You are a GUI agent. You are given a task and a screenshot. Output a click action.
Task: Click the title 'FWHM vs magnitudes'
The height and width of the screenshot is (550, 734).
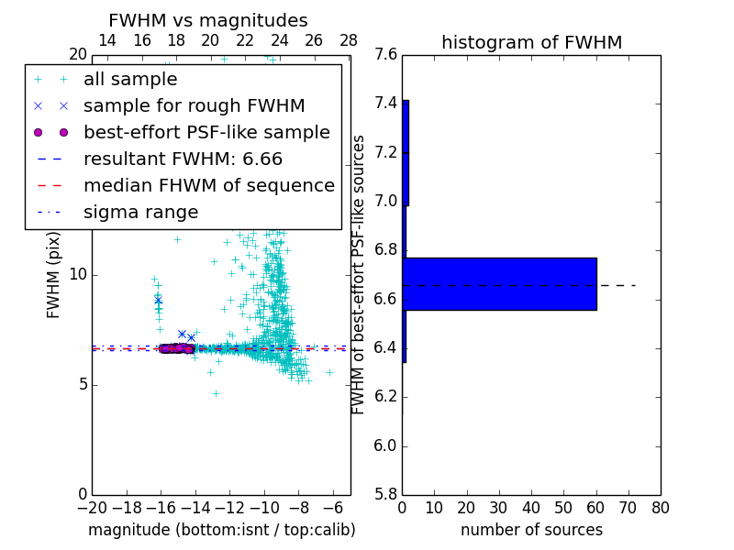[208, 20]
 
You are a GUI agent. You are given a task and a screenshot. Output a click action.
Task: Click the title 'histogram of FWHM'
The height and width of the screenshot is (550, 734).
[531, 42]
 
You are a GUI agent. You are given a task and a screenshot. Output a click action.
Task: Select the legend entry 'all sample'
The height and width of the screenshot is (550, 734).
[130, 80]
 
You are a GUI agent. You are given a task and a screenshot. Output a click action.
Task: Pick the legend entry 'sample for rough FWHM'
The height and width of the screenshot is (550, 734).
[194, 105]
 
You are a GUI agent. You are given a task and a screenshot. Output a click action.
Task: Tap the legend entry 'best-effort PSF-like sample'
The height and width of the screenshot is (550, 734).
[206, 132]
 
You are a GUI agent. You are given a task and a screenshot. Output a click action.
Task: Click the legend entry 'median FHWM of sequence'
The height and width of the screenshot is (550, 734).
[208, 185]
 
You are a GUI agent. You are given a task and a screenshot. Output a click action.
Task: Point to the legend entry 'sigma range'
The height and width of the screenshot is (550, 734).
[140, 212]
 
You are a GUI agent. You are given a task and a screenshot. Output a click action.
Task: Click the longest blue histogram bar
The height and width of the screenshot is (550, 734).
[500, 284]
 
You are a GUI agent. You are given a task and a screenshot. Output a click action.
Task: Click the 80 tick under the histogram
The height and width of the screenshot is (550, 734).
[660, 508]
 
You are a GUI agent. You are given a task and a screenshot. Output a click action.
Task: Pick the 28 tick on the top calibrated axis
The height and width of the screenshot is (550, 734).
[349, 40]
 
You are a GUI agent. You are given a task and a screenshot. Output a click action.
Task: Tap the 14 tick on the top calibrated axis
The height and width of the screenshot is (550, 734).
[106, 40]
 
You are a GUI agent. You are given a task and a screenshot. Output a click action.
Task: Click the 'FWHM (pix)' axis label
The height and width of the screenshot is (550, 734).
[54, 274]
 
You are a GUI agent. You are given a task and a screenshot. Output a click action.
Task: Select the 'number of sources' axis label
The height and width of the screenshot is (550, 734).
[531, 530]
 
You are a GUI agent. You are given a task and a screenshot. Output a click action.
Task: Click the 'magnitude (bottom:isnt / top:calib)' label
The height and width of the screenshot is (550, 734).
[221, 530]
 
